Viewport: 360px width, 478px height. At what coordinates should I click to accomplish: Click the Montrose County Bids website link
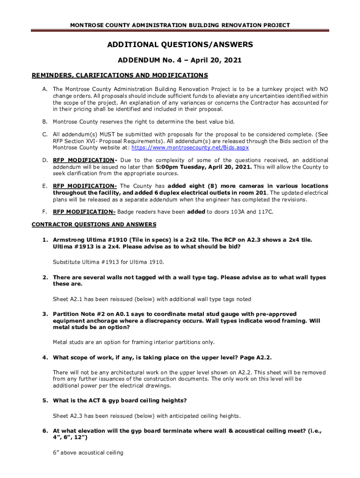click(x=190, y=148)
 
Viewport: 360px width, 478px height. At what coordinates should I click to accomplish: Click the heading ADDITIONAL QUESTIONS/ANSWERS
click(x=180, y=45)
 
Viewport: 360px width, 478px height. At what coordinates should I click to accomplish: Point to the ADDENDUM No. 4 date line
click(x=180, y=61)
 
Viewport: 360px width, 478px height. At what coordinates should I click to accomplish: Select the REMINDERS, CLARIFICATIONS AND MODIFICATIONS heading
click(x=119, y=75)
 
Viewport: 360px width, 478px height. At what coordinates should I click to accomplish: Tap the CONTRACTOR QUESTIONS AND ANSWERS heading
click(x=94, y=225)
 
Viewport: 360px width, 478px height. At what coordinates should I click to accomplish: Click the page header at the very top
click(x=180, y=25)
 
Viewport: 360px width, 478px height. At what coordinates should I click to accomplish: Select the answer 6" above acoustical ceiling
click(x=88, y=453)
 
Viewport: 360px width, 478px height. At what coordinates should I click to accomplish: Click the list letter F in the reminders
click(x=45, y=212)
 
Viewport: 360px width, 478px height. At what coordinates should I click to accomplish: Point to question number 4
click(x=45, y=358)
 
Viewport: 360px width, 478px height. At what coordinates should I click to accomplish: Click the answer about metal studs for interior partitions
click(x=134, y=342)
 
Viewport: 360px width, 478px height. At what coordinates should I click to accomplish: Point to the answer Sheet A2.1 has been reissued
click(x=152, y=299)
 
